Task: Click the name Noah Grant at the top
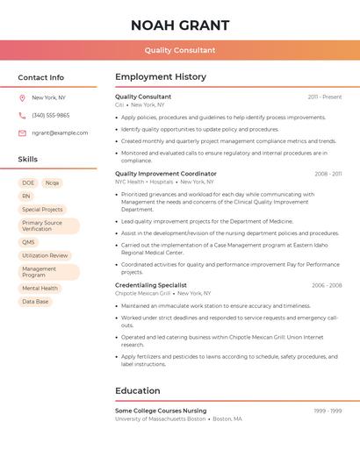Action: point(179,25)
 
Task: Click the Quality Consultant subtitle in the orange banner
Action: point(179,50)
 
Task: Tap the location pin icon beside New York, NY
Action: point(22,97)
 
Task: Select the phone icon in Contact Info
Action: point(22,115)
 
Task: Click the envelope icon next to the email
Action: point(22,132)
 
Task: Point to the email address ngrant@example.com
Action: point(60,132)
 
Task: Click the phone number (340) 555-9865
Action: point(50,115)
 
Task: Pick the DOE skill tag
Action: point(27,182)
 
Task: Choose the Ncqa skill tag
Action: point(52,182)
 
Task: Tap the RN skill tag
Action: point(26,196)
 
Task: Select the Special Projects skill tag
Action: point(42,210)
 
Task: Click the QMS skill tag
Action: point(29,242)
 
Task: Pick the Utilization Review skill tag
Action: point(45,255)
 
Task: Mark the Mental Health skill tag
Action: point(40,288)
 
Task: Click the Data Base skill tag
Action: point(35,301)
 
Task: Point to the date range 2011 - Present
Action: point(324,97)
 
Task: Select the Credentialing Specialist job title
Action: point(150,285)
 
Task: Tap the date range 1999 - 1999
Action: point(328,411)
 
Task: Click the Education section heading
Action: point(137,390)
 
